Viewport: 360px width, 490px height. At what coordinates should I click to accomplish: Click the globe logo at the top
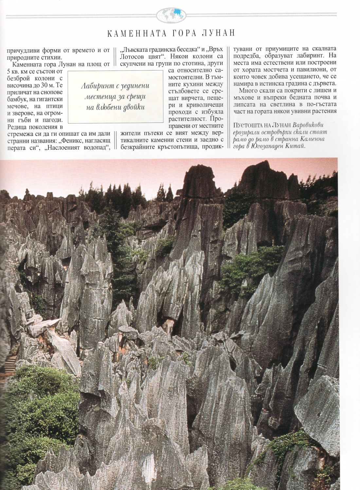(x=171, y=14)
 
